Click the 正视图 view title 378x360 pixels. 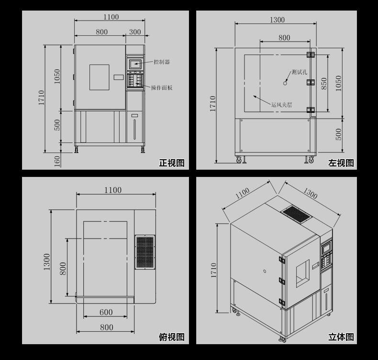pos(172,163)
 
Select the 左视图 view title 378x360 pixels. pos(341,163)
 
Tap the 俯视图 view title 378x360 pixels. pos(172,337)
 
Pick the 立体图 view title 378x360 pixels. pos(341,337)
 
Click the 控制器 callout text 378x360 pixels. pos(162,62)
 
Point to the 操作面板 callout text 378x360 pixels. pos(162,87)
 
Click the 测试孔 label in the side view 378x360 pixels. pos(300,72)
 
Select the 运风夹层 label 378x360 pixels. pos(281,105)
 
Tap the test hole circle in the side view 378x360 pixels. pos(285,83)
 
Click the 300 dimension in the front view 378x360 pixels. pos(135,32)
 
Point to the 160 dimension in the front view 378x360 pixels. pos(57,161)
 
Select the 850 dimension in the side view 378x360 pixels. pos(324,83)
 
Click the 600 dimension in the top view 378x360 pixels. pos(106,312)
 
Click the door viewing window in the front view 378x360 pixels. pos(100,77)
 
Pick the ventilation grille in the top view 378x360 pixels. pos(145,252)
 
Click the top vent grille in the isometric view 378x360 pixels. pos(297,214)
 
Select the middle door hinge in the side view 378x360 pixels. pos(311,82)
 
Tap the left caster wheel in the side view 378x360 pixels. pos(239,160)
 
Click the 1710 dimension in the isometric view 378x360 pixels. pos(214,270)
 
